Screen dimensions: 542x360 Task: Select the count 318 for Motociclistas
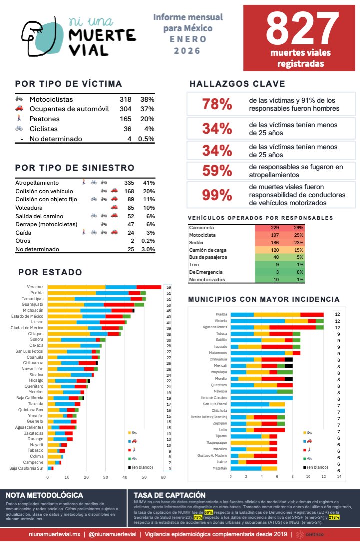(125, 99)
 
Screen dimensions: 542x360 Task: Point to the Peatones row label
(44, 119)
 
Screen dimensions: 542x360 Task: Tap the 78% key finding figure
(216, 104)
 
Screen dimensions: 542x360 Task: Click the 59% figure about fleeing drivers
(216, 171)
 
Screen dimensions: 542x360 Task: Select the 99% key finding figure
(216, 195)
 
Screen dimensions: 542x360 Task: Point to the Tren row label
(194, 264)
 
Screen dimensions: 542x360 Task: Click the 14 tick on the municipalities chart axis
(340, 477)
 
